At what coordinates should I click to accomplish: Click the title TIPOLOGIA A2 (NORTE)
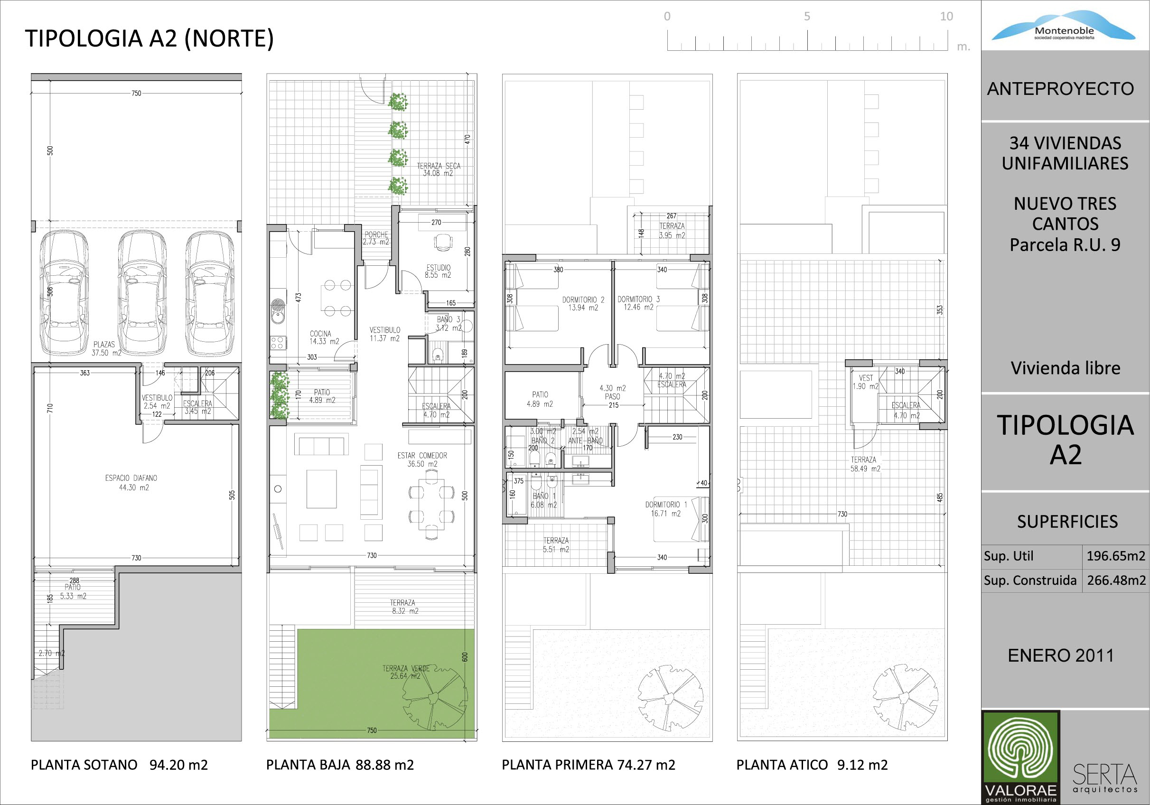coord(149,39)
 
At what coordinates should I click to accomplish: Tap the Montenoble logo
coord(1063,26)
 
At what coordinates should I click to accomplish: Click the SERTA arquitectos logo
coord(1105,778)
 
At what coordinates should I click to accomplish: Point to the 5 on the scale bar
coord(807,17)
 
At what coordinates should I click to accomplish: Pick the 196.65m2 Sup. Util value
coord(1115,555)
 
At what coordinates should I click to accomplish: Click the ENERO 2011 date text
coord(1061,655)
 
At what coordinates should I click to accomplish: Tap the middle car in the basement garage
coord(142,292)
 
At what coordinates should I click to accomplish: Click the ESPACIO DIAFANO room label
coord(131,482)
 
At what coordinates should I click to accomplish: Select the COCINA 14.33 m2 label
coord(324,337)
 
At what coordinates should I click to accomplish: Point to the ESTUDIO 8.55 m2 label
coord(438,271)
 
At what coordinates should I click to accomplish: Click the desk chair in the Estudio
coord(442,243)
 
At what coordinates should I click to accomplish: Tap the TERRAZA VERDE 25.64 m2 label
coord(406,672)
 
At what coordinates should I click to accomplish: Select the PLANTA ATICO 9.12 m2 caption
coord(812,765)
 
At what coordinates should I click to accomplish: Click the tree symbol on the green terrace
coord(434,697)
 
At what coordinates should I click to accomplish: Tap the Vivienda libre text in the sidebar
coord(1066,368)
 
